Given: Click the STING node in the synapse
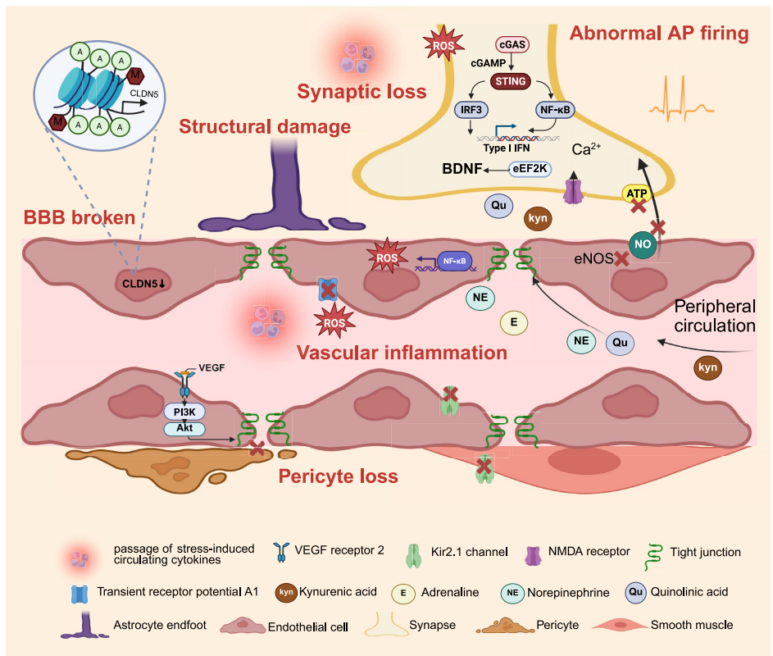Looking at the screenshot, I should click(512, 81).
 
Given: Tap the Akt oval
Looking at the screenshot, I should click(184, 428).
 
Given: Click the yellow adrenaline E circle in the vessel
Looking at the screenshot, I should click(513, 323).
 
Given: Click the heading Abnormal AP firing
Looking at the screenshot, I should click(660, 34).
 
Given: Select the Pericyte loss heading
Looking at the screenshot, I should click(339, 476).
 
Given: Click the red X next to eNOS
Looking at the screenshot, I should click(622, 258).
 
